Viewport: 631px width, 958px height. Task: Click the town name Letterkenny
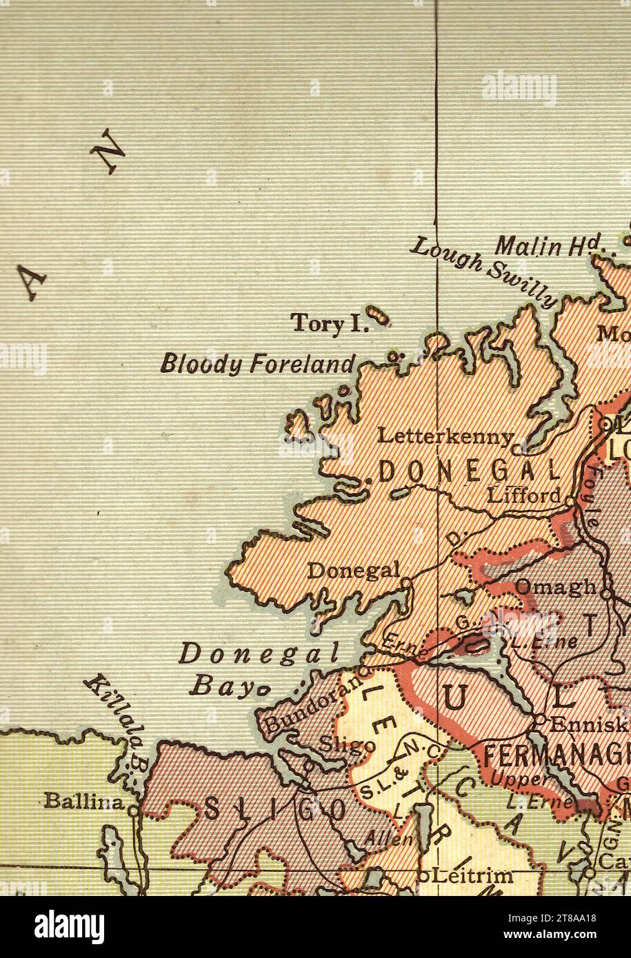[x=446, y=436]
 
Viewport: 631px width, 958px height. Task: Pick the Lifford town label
[x=523, y=494]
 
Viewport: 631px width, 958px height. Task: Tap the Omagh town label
[x=556, y=587]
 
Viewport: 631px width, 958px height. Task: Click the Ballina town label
[x=83, y=801]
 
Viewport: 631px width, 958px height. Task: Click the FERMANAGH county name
[x=555, y=756]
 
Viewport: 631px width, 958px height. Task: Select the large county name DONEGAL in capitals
[x=469, y=471]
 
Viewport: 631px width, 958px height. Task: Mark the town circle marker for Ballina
[x=132, y=811]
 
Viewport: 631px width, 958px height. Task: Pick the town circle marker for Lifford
[x=570, y=497]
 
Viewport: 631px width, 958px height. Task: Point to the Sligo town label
[x=348, y=746]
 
